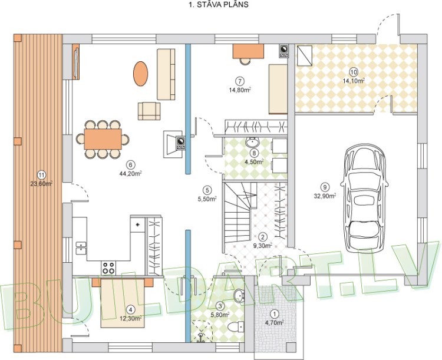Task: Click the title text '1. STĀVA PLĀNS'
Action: click(x=217, y=5)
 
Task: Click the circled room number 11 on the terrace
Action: click(x=41, y=174)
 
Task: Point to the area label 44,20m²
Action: click(x=131, y=173)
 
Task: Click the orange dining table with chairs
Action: click(x=103, y=140)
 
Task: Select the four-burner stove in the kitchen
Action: click(x=109, y=267)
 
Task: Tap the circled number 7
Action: click(x=239, y=81)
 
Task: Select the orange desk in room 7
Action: click(x=248, y=51)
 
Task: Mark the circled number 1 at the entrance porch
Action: click(x=273, y=314)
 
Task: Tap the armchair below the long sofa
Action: click(x=149, y=110)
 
